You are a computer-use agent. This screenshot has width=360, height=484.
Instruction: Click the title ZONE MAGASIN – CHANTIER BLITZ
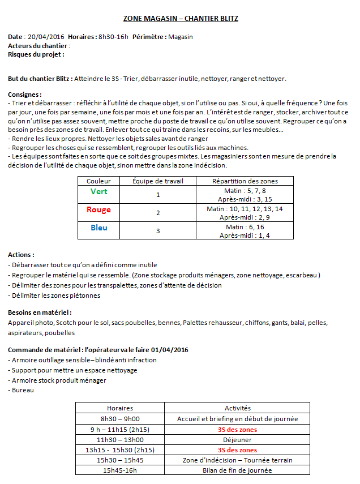coord(181,19)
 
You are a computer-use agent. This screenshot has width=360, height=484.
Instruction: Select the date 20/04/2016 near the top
coord(46,37)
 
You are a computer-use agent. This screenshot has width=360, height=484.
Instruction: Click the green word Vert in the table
coord(99,192)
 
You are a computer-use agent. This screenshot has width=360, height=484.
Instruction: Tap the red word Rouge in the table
coord(99,210)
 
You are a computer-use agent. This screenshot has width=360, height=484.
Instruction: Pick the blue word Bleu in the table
coord(99,228)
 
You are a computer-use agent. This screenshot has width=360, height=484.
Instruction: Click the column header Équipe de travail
coord(158,181)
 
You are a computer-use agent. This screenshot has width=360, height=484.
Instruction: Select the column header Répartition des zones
coord(245,181)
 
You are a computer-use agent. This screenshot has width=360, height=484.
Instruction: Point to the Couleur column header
coord(99,181)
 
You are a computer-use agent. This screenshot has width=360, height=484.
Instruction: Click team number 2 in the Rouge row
coord(158,213)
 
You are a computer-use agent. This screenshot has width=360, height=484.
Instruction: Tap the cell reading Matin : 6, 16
coord(245,226)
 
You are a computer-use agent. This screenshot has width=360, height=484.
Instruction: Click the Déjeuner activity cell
coord(238,439)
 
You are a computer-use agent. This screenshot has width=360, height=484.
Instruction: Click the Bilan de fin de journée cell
coord(238,470)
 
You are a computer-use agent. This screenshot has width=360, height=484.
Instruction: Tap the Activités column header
coord(238,408)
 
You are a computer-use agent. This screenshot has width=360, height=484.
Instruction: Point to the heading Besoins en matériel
coord(40,312)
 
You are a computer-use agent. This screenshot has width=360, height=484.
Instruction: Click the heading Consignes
coord(25,95)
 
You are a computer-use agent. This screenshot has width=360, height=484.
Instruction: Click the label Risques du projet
coord(36,54)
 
